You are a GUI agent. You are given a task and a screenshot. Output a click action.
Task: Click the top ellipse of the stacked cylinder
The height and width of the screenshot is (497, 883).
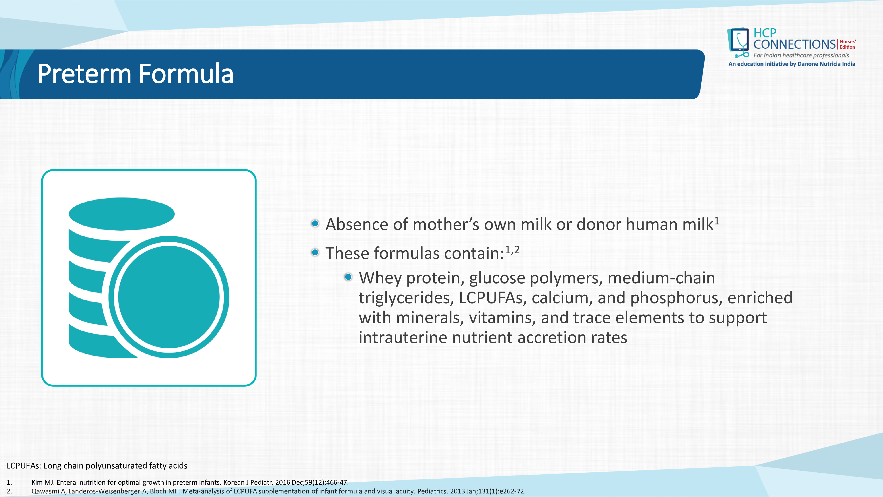(x=122, y=214)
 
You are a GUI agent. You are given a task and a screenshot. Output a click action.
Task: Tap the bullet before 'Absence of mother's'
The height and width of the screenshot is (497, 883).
(x=315, y=224)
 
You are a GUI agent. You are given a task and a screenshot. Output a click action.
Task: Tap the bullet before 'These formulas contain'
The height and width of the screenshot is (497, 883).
(x=315, y=253)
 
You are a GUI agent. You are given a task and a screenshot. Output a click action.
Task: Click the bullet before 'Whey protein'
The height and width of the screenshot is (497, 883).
(x=348, y=277)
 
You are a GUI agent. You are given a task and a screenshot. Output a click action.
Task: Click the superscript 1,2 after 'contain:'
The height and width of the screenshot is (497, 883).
(x=512, y=250)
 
